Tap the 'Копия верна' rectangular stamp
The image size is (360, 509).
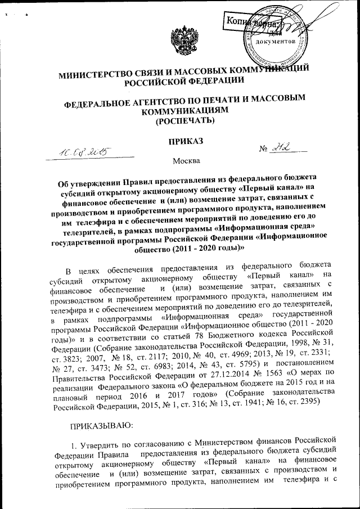click(251, 24)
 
